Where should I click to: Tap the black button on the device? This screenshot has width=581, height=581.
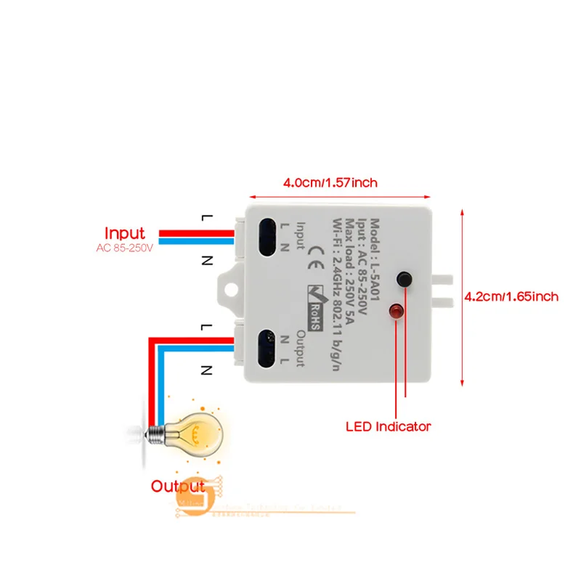pos(404,279)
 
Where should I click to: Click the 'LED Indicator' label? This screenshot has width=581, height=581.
pos(388,426)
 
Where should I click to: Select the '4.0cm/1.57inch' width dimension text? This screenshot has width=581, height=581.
pos(330,182)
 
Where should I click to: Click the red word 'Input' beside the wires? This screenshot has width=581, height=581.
pos(125,234)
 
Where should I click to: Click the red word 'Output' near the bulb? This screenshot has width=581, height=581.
pos(178,486)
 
